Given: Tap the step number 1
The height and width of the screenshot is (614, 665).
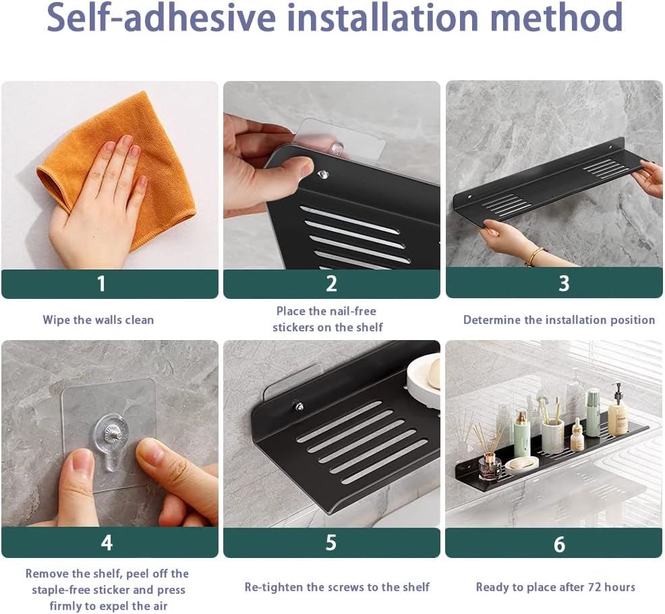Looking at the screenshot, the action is coord(101,283).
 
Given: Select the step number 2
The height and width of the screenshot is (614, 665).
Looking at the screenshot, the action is coord(332,283).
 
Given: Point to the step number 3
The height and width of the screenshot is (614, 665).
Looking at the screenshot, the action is coord(564,283).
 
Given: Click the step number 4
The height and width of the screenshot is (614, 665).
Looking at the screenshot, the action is coord(107,542).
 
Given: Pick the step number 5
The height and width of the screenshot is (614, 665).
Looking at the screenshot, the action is coord(330,542).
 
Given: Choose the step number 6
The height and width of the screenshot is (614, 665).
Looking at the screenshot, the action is coord(559,544).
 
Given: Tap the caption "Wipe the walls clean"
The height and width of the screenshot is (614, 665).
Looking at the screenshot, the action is coord(98,320).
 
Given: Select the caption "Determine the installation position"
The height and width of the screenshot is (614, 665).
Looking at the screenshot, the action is coord(559,320).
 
